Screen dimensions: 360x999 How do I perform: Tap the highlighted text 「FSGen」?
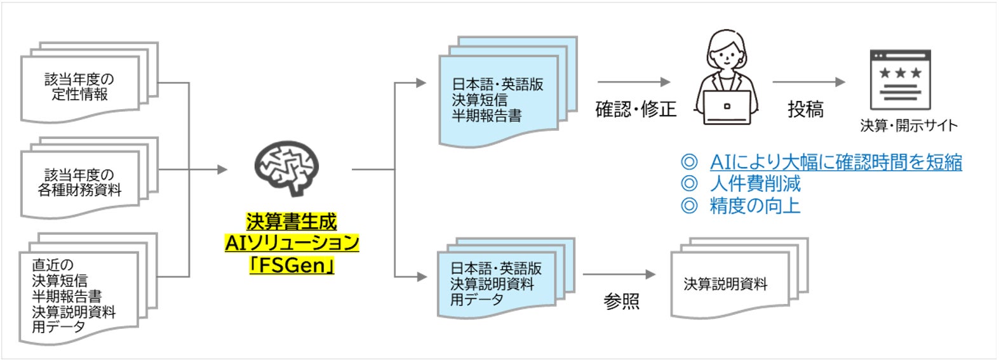point(292,265)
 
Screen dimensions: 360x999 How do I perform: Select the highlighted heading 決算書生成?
point(292,222)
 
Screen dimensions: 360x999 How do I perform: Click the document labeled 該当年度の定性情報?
point(80,88)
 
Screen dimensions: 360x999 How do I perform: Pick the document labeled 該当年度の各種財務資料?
point(80,183)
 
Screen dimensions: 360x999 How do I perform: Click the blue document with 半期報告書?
point(498,100)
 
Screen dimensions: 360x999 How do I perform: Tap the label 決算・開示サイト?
point(908,126)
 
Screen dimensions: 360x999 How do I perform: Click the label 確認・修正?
point(635,109)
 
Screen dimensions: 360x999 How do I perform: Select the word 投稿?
point(805,109)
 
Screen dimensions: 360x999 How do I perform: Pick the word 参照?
point(621,301)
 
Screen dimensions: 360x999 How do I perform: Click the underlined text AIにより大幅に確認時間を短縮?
point(835,162)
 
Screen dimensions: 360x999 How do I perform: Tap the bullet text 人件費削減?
point(754,183)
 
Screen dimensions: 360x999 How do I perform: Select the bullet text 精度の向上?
point(754,205)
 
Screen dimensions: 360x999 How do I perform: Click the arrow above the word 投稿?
point(808,82)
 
